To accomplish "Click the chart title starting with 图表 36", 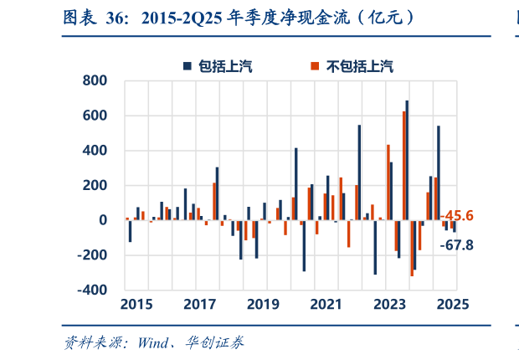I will pos(239,18).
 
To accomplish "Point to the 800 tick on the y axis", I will pos(94,81).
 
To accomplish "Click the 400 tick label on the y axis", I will pos(94,151).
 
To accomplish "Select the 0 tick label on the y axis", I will pos(102,220).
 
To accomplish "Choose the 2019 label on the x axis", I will pos(263,304).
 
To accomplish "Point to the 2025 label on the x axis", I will pos(452,304).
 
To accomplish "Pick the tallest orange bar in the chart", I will pos(403,166).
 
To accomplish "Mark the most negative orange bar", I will pos(411,248).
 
